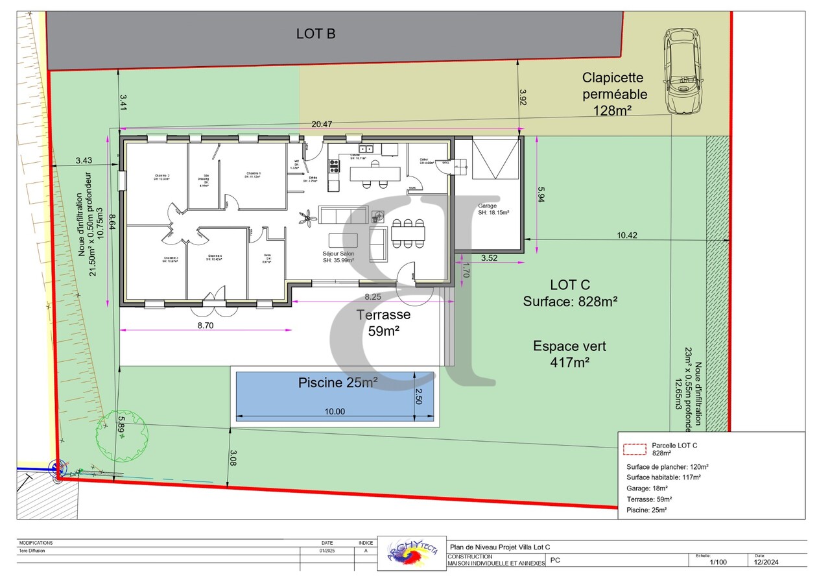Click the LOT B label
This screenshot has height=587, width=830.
(x=316, y=34)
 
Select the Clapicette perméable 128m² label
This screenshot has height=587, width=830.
(x=613, y=94)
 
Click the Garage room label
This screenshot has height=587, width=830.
(x=493, y=209)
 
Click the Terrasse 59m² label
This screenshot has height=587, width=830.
(x=383, y=322)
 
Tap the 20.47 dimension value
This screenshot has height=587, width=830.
(x=322, y=125)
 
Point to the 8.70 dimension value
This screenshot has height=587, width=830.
(x=205, y=326)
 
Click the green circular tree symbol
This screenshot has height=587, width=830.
(x=123, y=435)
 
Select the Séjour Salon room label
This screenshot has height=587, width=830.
(x=338, y=257)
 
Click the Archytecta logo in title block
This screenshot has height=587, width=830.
(x=412, y=553)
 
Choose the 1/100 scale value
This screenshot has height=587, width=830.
(x=718, y=562)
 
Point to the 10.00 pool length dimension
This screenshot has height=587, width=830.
(x=335, y=411)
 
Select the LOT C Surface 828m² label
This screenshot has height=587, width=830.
(x=570, y=293)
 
